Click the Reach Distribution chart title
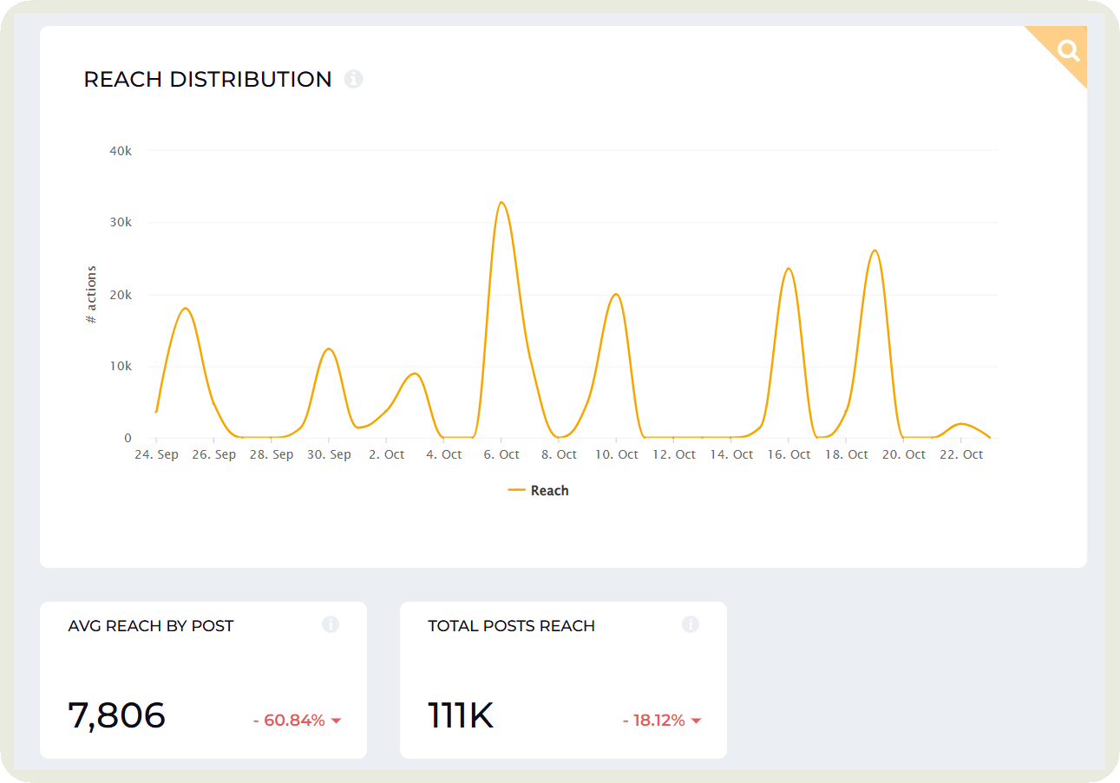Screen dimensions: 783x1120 207,80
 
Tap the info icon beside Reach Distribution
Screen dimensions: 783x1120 353,79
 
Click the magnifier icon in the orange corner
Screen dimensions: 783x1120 1068,50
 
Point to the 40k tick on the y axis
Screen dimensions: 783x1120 121,151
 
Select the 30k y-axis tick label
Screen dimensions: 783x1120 121,223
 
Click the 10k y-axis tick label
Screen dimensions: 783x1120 121,367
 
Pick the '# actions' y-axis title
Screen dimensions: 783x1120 91,295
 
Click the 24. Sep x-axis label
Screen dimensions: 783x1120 156,454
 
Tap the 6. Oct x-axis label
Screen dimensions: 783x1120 501,454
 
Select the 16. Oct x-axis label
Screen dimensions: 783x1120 789,454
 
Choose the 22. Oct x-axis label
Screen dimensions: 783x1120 961,454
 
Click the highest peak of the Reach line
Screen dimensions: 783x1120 501,202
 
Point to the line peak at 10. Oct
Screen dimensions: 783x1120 616,294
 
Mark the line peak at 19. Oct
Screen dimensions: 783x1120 874,251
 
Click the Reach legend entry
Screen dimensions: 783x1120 540,491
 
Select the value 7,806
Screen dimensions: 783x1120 116,716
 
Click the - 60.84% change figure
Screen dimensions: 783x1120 289,721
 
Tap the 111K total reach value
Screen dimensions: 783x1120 461,716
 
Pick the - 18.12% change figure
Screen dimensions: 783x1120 653,721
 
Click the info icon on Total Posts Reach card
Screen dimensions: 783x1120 690,624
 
